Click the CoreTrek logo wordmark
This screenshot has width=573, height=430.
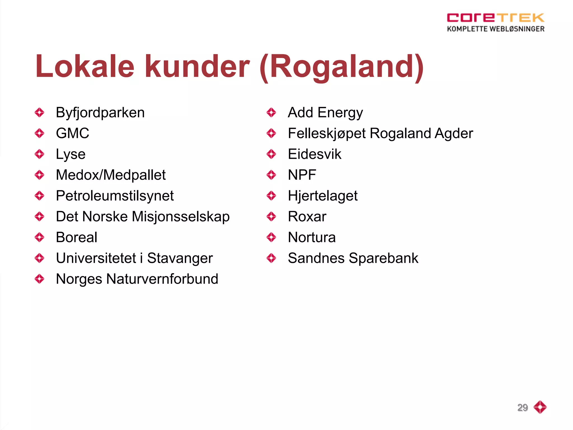point(495,18)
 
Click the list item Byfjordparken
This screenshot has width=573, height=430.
point(100,113)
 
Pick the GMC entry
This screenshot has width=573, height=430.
point(72,133)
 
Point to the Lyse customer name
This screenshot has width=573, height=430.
point(71,154)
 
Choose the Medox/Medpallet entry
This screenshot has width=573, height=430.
point(111,175)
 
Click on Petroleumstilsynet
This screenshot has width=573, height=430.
point(115,196)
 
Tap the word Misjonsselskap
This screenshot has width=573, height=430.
point(180,217)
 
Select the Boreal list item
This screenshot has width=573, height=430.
point(76,237)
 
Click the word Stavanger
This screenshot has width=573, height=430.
point(180,258)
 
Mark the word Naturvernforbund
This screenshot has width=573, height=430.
point(162,279)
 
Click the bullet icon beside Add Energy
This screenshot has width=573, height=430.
point(271,113)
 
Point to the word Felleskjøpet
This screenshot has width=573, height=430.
point(327,133)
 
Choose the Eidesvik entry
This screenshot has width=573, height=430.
point(314,154)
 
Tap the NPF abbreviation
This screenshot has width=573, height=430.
point(302,175)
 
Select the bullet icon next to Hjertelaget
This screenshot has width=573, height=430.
point(271,196)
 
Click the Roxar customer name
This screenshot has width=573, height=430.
point(307,217)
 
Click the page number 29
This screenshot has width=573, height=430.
point(522,407)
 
